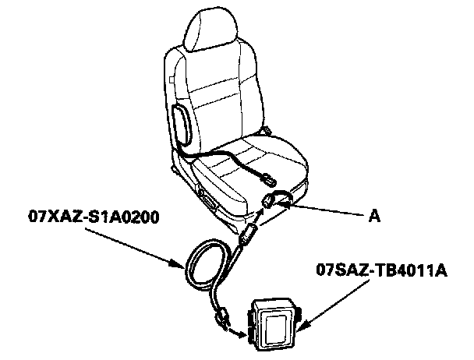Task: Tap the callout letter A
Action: [376, 218]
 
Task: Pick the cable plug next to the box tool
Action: [224, 316]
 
